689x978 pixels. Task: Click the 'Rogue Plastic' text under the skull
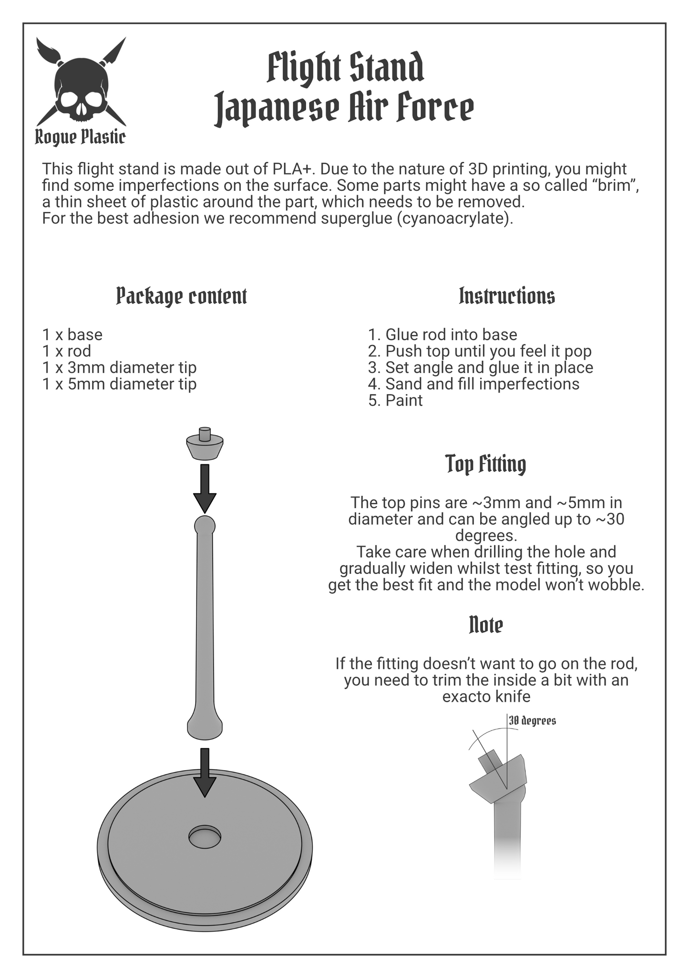tap(81, 137)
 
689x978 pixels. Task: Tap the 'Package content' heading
tap(182, 296)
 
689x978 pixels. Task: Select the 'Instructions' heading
tap(507, 296)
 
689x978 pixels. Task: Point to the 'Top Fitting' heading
tap(486, 464)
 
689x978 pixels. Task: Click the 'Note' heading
tap(486, 624)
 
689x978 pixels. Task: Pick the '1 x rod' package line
tap(67, 351)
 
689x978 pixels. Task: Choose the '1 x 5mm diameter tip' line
tap(120, 384)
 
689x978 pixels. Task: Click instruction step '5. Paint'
tap(395, 400)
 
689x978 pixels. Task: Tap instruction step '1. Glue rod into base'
tap(442, 334)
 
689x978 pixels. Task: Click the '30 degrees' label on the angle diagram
tap(533, 720)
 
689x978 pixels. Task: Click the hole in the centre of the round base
tap(205, 837)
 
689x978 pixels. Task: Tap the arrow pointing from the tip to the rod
tap(205, 489)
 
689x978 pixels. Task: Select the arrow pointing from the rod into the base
tap(205, 772)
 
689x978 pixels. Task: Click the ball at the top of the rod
tap(205, 526)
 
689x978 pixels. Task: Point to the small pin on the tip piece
tap(205, 434)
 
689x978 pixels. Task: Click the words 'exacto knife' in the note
tap(486, 697)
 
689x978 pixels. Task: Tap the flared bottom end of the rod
tap(205, 725)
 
